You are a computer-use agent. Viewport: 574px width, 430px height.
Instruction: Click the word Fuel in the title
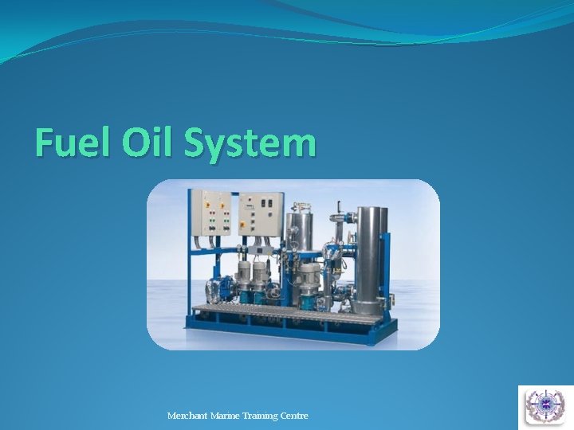[x=73, y=143]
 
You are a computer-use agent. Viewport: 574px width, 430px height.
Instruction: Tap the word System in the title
[x=250, y=143]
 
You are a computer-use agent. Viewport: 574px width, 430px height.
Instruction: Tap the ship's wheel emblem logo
[x=545, y=406]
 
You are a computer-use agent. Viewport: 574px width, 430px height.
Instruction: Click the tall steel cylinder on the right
[x=372, y=259]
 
